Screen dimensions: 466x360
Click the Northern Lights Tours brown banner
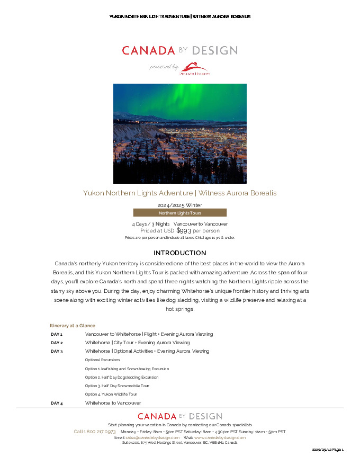pyautogui.click(x=179, y=213)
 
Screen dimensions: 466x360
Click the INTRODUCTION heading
pyautogui.click(x=179, y=253)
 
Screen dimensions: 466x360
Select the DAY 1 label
pyautogui.click(x=57, y=335)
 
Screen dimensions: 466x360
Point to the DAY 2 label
pyautogui.click(x=57, y=343)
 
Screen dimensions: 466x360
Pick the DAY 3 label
pyautogui.click(x=57, y=352)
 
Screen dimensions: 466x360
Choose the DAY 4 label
pyautogui.click(x=57, y=404)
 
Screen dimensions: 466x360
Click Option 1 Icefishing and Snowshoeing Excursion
pyautogui.click(x=127, y=369)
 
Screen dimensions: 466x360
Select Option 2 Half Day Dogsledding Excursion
pyautogui.click(x=121, y=378)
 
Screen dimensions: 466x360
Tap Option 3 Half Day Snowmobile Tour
pyautogui.click(x=117, y=386)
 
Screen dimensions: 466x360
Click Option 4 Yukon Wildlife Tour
pyautogui.click(x=111, y=395)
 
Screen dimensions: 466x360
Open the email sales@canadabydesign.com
pyautogui.click(x=152, y=438)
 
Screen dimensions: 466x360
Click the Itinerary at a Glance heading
pyautogui.click(x=73, y=326)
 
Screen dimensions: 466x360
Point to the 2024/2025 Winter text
pyautogui.click(x=179, y=205)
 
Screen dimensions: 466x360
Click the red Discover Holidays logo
pyautogui.click(x=196, y=69)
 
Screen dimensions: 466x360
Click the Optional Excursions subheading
pyautogui.click(x=102, y=360)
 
